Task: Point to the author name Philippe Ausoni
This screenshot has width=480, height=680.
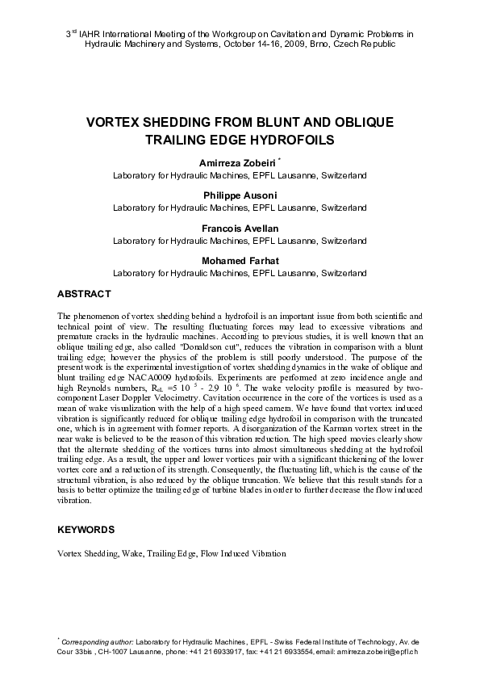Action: pos(240,195)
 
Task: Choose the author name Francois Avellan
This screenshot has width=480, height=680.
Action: pos(240,229)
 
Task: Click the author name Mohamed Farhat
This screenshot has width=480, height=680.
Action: pos(240,262)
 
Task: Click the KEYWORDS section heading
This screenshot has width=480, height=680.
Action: pos(86,530)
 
